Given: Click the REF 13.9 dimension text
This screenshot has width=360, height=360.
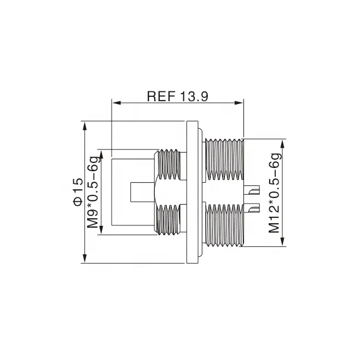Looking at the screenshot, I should pos(177,96).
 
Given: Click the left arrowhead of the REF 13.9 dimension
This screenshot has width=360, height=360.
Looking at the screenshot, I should pos(115,102).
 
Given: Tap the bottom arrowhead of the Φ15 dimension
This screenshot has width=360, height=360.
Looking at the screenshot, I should pos(85,259).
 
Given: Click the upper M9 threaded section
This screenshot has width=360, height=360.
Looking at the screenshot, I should pos(169,164).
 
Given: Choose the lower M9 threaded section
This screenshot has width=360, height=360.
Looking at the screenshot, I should pos(169,222).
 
